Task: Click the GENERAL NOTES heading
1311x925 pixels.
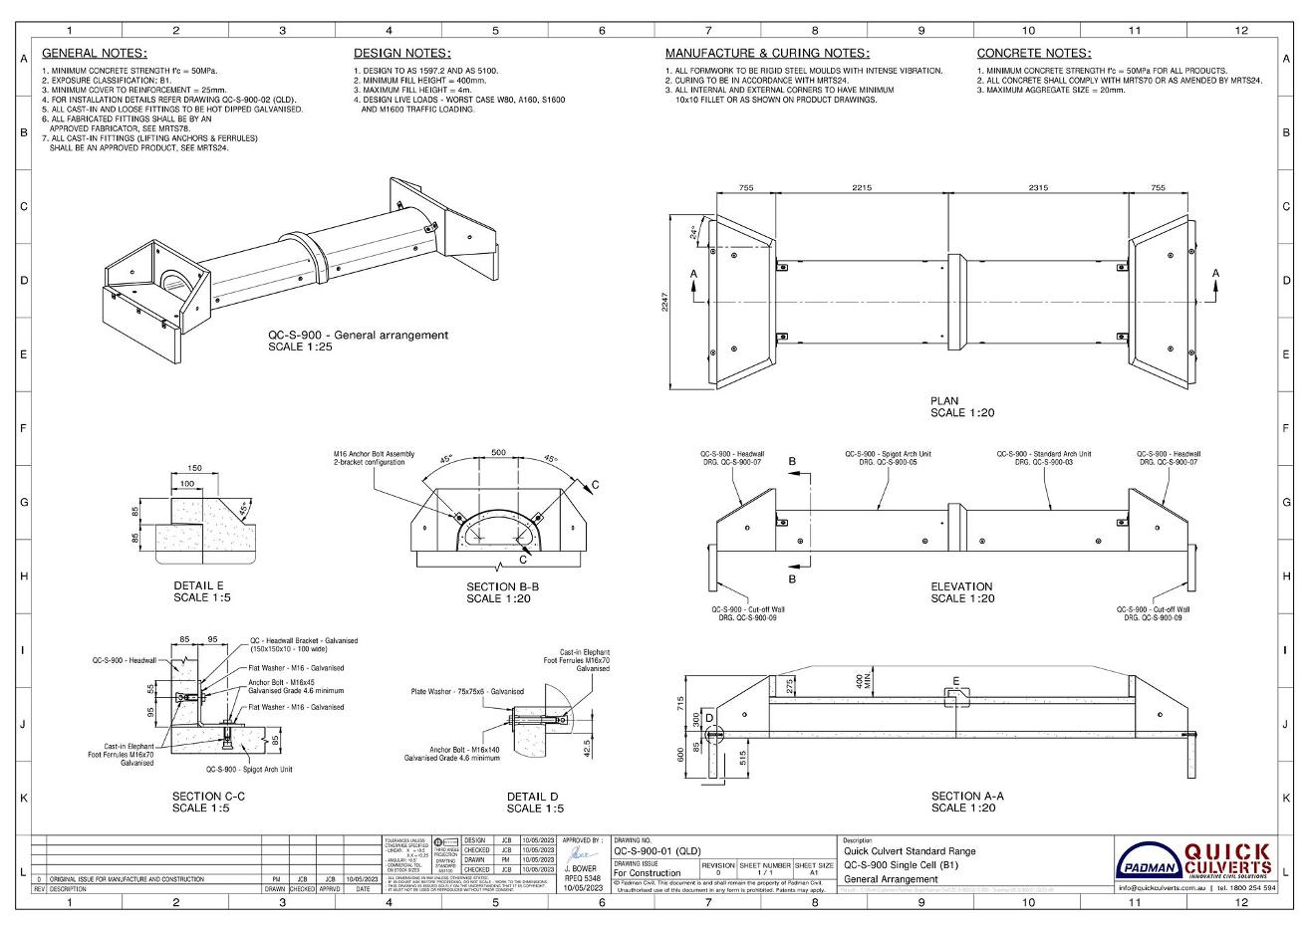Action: (x=94, y=53)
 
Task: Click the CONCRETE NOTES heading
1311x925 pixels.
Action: (x=1033, y=53)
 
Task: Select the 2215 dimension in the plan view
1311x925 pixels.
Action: (x=862, y=187)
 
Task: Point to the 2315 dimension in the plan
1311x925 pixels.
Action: (x=1037, y=187)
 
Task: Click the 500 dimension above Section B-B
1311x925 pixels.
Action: (x=498, y=453)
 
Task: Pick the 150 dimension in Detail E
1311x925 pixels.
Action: (x=195, y=468)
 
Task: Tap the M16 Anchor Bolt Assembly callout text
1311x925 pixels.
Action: (x=374, y=458)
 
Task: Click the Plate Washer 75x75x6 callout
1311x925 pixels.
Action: (x=466, y=691)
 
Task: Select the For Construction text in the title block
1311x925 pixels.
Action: (x=648, y=873)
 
